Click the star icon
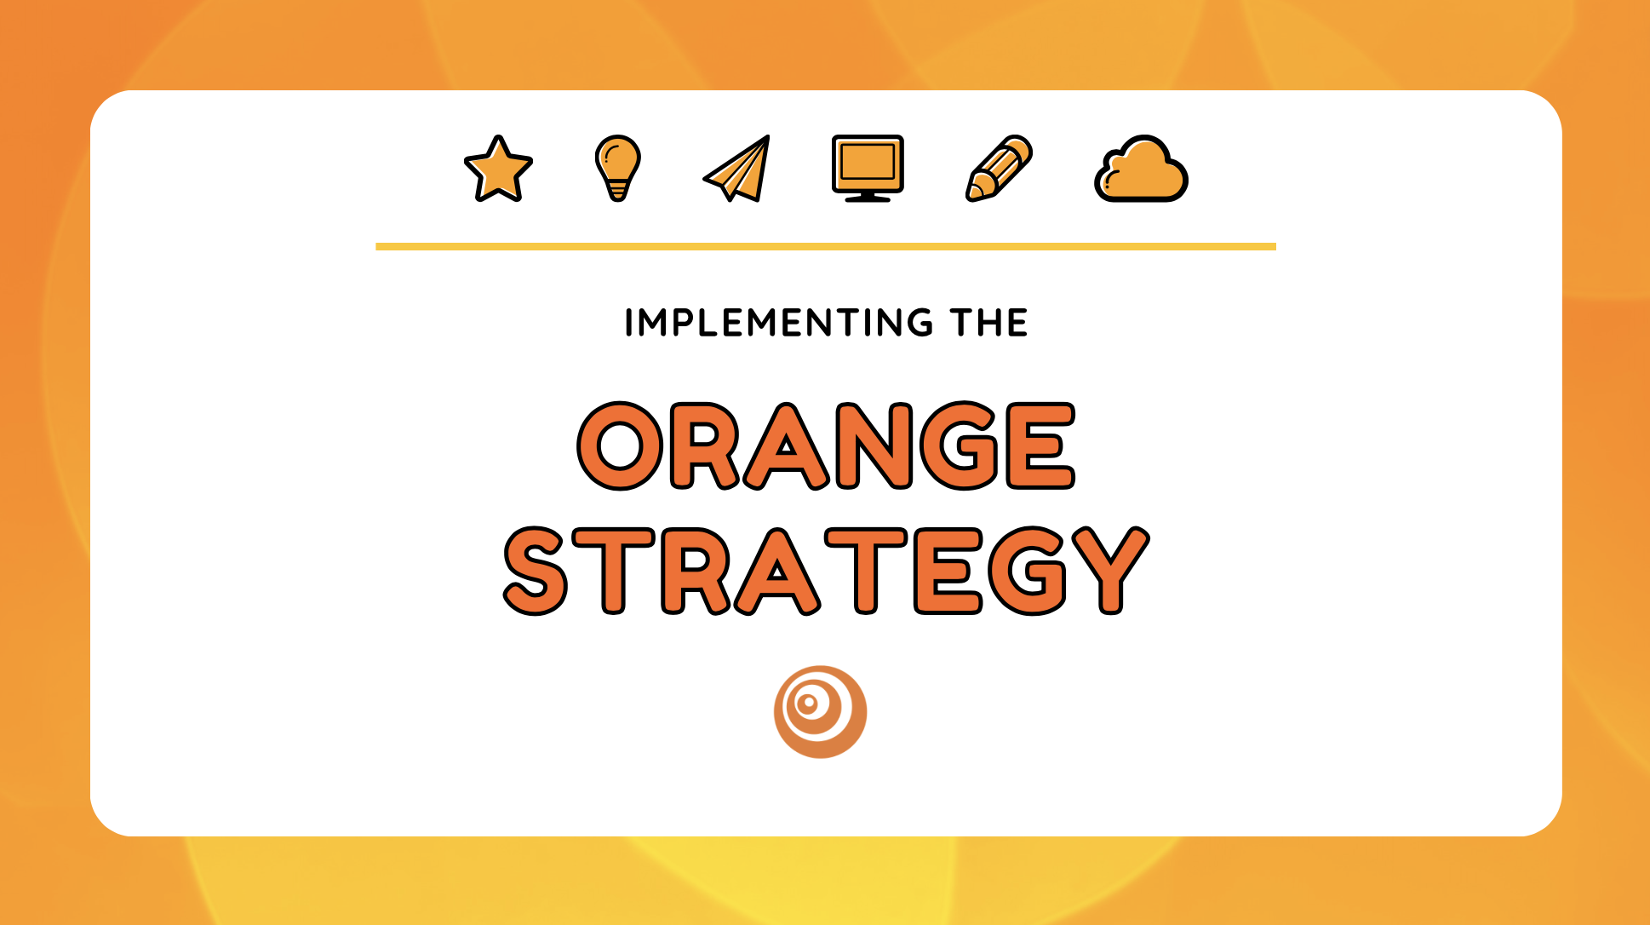498,170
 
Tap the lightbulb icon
617,166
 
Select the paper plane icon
739,170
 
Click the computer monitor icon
868,167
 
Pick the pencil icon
1000,168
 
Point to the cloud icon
1141,170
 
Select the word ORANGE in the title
826,445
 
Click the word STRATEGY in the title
826,571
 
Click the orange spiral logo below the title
820,711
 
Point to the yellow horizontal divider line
826,247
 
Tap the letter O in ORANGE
621,445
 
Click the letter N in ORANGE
874,445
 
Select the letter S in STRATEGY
536,571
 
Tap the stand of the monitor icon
868,197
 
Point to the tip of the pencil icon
973,193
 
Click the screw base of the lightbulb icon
617,192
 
